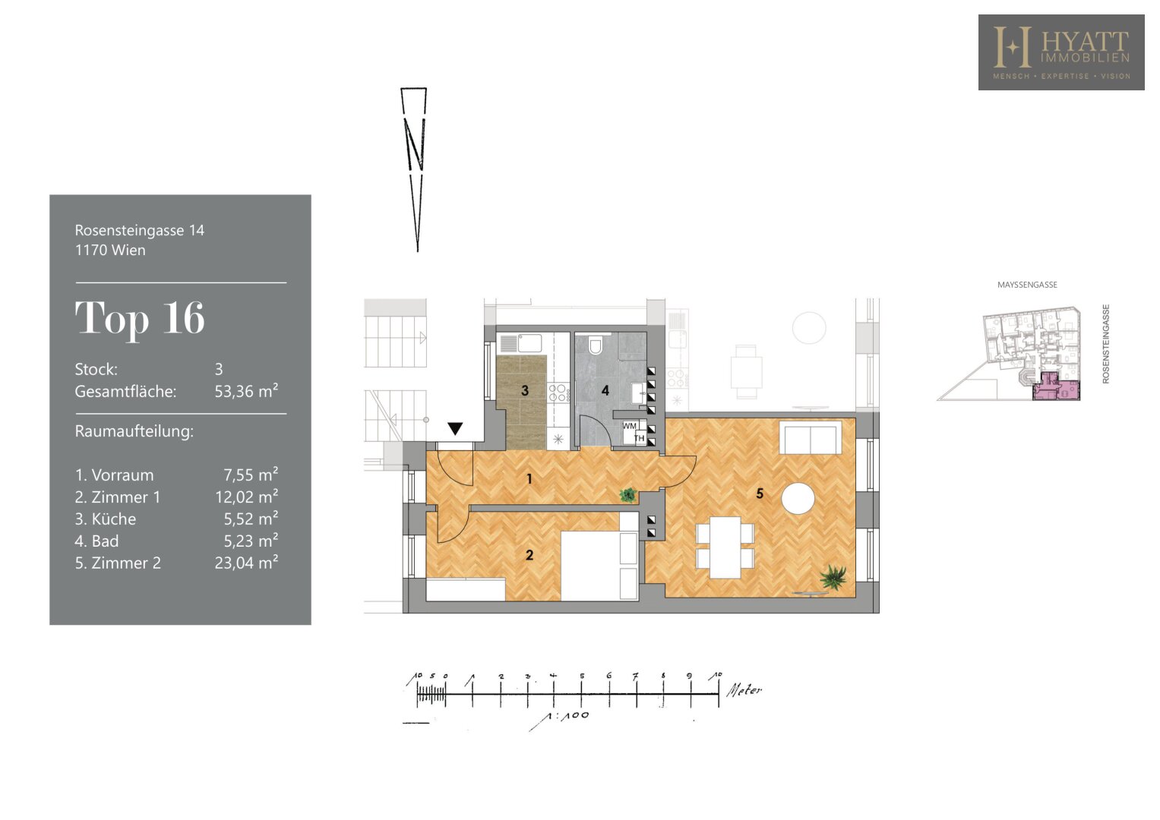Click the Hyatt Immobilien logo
(1061, 52)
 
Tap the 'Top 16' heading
(140, 318)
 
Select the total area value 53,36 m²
(246, 391)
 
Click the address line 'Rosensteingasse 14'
(139, 230)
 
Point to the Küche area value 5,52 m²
(251, 518)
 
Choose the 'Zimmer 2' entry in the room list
(118, 563)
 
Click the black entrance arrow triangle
(455, 429)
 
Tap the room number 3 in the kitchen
(525, 390)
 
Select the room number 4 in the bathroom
(605, 390)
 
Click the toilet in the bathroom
(596, 345)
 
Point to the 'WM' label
(629, 426)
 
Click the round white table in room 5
(798, 498)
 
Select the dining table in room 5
(725, 547)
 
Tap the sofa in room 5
(811, 438)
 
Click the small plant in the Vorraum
(628, 495)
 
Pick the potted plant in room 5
(833, 577)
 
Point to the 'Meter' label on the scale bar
(744, 690)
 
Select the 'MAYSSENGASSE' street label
(1027, 285)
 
